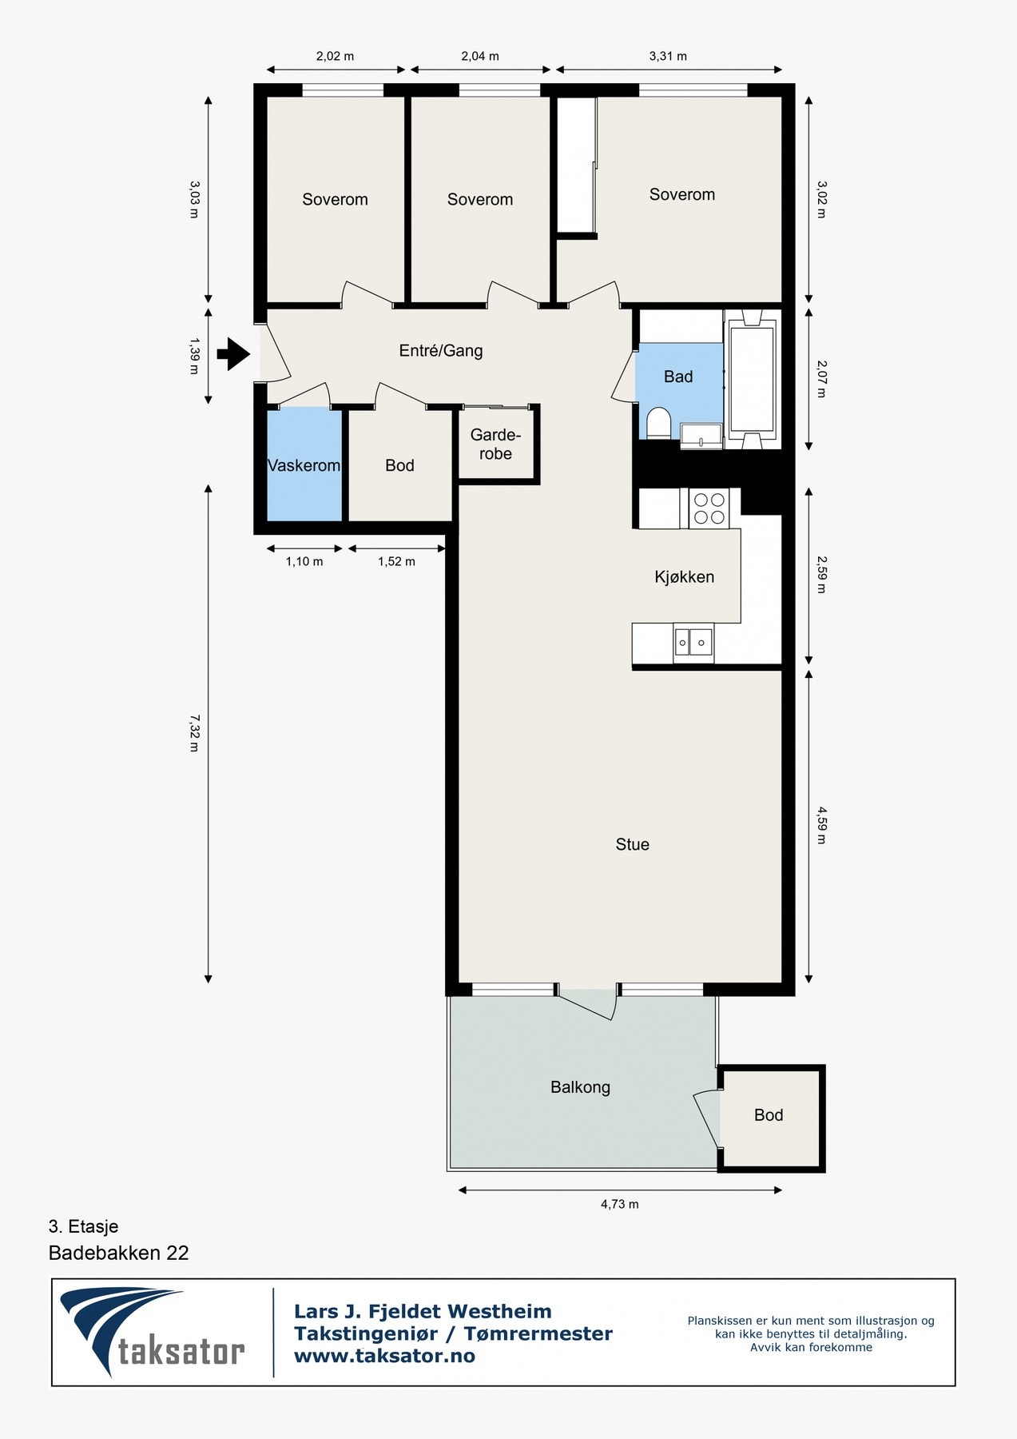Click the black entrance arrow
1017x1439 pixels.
tap(234, 353)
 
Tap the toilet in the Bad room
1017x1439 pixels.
tap(658, 423)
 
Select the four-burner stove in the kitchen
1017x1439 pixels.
tap(709, 508)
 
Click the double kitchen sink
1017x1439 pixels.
tap(693, 642)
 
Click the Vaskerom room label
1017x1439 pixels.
tap(304, 465)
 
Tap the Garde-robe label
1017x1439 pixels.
tap(495, 444)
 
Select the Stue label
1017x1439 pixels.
tap(633, 844)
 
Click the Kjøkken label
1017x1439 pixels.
tap(685, 576)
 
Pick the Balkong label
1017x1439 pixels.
tap(580, 1087)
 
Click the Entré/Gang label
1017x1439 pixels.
tap(441, 350)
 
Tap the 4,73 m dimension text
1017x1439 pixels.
tap(620, 1204)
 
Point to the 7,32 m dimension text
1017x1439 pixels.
tap(194, 733)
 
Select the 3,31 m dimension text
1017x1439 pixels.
tap(668, 56)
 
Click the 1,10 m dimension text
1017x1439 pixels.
tap(304, 561)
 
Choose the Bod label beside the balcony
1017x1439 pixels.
tap(769, 1115)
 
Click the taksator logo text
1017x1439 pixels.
tap(181, 1352)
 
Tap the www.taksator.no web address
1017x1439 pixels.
tap(384, 1356)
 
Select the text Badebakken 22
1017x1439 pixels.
tap(119, 1253)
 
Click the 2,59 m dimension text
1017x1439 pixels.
tap(822, 576)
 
